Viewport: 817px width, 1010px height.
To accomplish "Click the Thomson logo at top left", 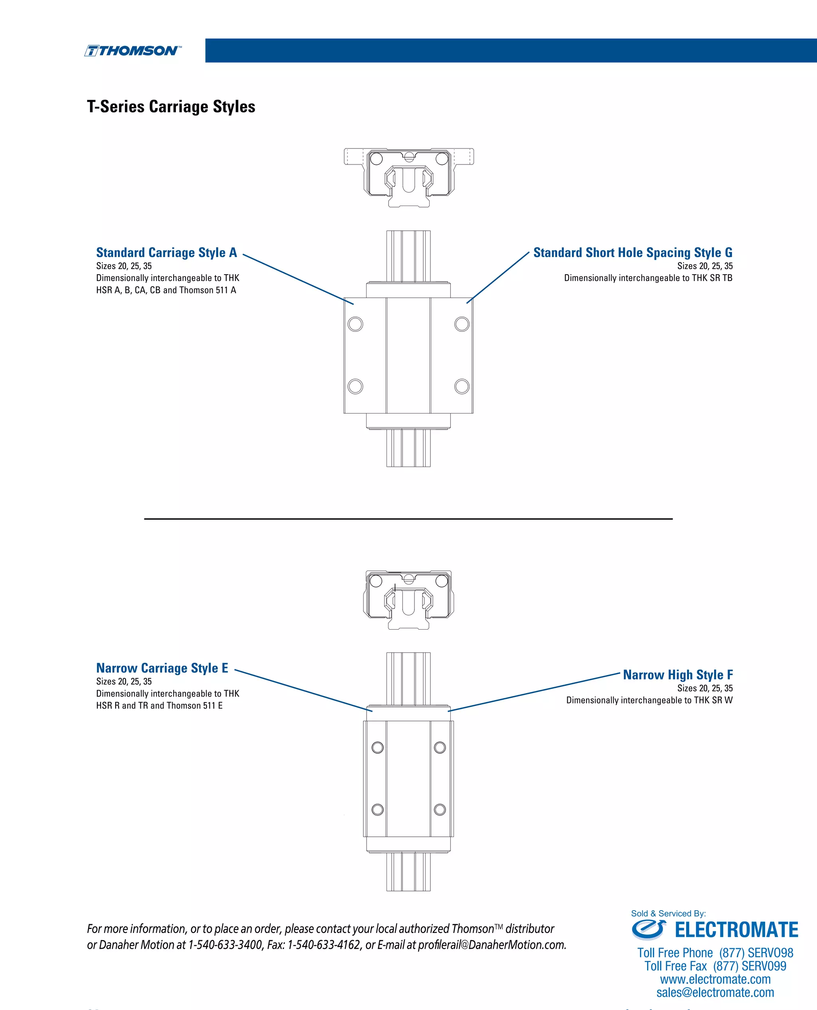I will coord(132,51).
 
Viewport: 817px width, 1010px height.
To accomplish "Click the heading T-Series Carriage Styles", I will coord(171,107).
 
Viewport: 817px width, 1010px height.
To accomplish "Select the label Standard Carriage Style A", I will coord(166,253).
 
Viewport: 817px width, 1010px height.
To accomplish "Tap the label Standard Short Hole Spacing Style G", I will coord(633,253).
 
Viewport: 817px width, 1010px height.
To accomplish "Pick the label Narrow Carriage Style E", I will coord(162,668).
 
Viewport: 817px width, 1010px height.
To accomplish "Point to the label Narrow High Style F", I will coord(678,675).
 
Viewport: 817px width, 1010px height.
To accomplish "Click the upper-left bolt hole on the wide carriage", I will coord(355,324).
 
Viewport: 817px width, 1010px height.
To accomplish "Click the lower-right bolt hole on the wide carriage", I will coord(462,386).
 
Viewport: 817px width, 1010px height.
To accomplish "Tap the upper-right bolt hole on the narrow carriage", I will coord(440,747).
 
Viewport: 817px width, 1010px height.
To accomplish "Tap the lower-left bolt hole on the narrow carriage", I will coord(377,810).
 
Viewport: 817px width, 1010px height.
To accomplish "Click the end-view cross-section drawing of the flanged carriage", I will coord(408,176).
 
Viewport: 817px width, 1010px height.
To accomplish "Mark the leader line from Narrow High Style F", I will coord(534,692).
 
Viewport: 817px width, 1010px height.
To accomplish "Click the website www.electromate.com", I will coord(715,979).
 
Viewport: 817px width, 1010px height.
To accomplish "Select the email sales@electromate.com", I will coord(715,992).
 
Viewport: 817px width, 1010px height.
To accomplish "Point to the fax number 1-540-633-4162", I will coord(324,945).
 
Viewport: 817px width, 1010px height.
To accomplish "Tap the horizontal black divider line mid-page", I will coord(408,519).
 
